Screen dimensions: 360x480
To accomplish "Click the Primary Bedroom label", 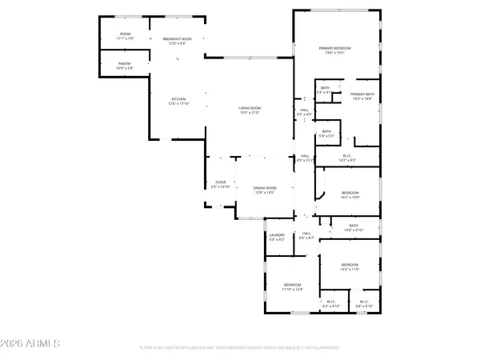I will (x=335, y=50).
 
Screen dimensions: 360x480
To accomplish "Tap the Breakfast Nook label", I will (x=176, y=41).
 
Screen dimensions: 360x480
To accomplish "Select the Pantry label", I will (x=114, y=66).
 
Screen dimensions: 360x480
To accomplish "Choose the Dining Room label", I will (x=264, y=190).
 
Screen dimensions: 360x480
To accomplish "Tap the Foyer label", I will (x=220, y=184).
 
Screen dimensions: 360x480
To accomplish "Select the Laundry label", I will (x=277, y=238).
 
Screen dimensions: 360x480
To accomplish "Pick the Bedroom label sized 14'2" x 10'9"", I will (x=350, y=194).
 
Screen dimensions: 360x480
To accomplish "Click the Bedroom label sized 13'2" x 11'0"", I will (x=350, y=267).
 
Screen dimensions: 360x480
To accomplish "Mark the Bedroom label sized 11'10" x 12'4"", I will (x=293, y=287).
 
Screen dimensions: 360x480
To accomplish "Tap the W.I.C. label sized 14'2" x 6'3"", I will (x=347, y=158).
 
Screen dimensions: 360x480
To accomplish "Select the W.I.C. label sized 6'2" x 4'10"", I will (x=331, y=304).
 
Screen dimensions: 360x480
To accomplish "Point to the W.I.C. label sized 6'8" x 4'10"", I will (x=364, y=304).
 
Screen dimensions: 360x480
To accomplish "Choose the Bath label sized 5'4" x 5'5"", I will (x=326, y=134).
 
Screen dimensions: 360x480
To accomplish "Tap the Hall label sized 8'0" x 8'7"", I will (x=306, y=236).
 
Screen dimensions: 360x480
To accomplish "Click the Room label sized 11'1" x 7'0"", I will (x=126, y=36).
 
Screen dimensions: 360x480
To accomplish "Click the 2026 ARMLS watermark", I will (x=32, y=344).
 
